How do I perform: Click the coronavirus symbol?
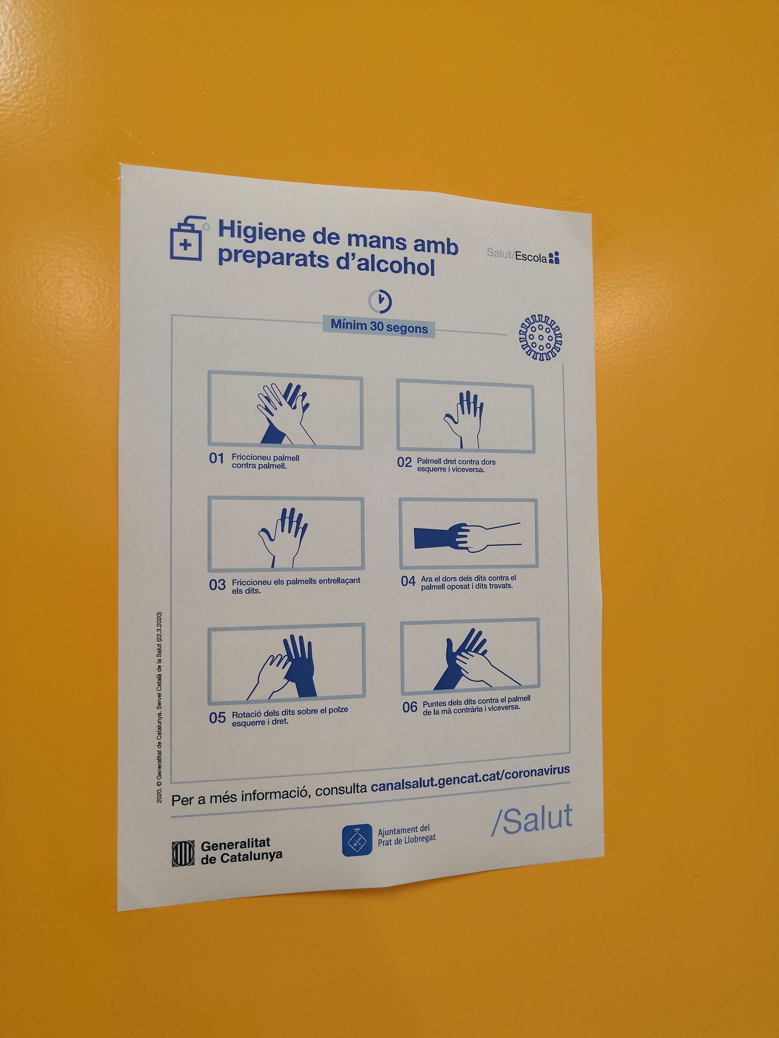(x=541, y=338)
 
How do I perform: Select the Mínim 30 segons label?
(x=379, y=326)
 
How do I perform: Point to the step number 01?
(x=217, y=459)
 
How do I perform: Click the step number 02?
(x=404, y=463)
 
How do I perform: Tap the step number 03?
(x=217, y=585)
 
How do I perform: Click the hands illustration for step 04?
(x=467, y=537)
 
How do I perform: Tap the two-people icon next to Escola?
(x=554, y=258)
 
